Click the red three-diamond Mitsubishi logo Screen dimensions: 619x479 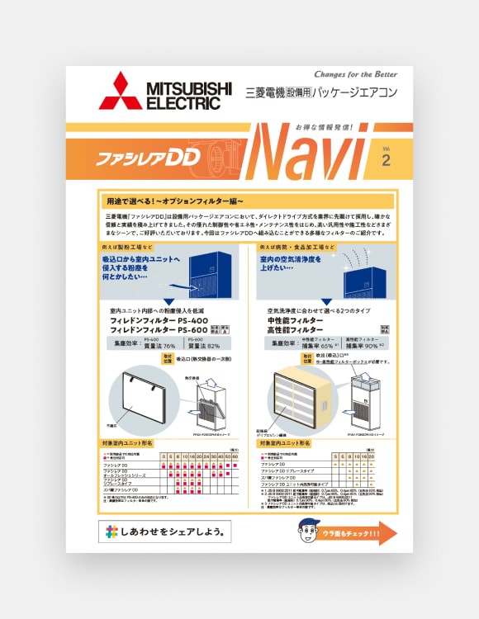click(120, 91)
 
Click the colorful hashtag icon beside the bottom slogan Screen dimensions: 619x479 click(111, 532)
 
